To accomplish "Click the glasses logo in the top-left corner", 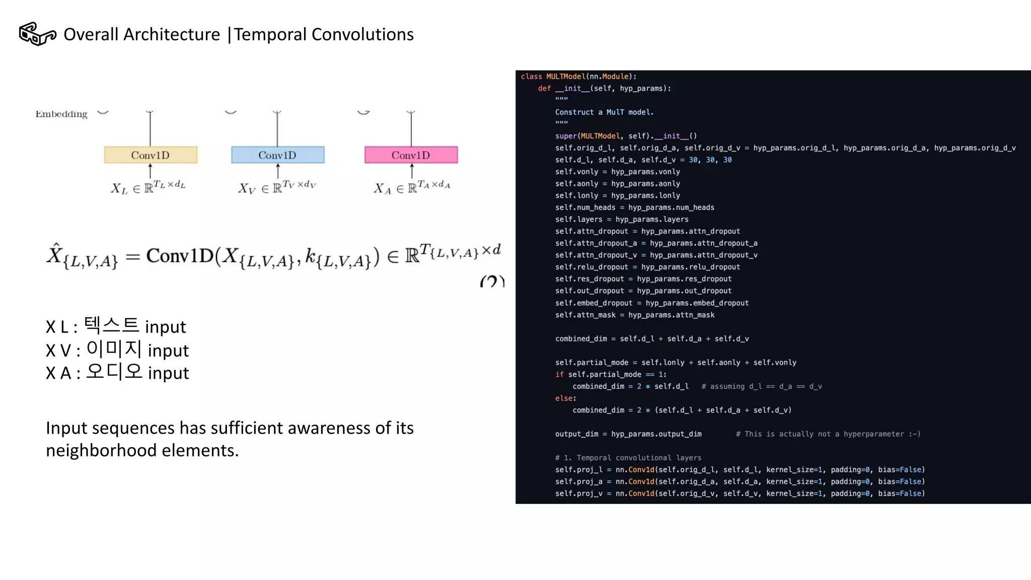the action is [37, 34].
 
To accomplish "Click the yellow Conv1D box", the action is [151, 155].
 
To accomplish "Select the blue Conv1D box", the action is [277, 155].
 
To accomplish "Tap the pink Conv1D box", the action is [411, 155].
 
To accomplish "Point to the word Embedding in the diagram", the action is [61, 114].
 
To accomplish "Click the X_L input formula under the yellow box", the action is [148, 187].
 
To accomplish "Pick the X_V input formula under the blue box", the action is [277, 187].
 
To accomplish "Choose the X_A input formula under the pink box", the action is [412, 187].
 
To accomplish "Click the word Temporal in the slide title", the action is [270, 34].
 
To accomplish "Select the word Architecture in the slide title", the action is [172, 34].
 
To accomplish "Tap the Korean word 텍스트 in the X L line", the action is [111, 325].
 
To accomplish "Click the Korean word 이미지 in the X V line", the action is [114, 349].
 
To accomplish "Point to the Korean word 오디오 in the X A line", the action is [114, 372].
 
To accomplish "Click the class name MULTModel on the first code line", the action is [565, 77].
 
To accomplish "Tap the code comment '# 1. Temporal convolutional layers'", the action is [628, 458].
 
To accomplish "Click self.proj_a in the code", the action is [578, 482].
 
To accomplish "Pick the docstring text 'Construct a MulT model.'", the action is [604, 112].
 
